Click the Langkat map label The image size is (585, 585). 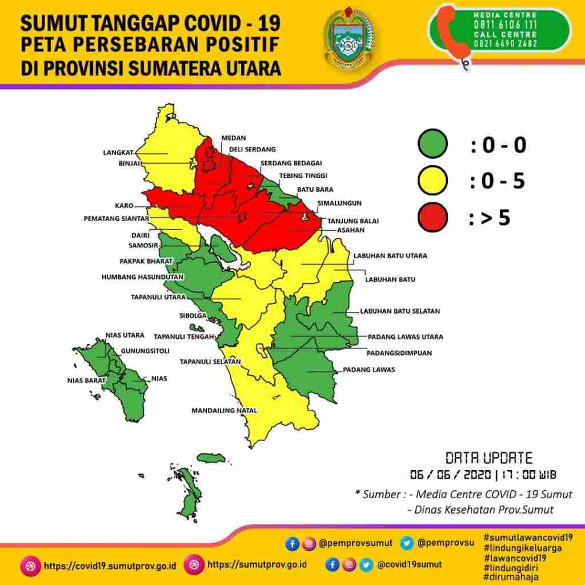click(x=118, y=153)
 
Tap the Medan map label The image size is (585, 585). click(x=234, y=138)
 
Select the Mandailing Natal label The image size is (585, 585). click(x=224, y=410)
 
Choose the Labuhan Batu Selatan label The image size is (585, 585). click(x=399, y=311)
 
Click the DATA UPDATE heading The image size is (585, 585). click(x=488, y=458)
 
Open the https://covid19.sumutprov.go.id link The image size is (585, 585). click(x=109, y=565)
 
